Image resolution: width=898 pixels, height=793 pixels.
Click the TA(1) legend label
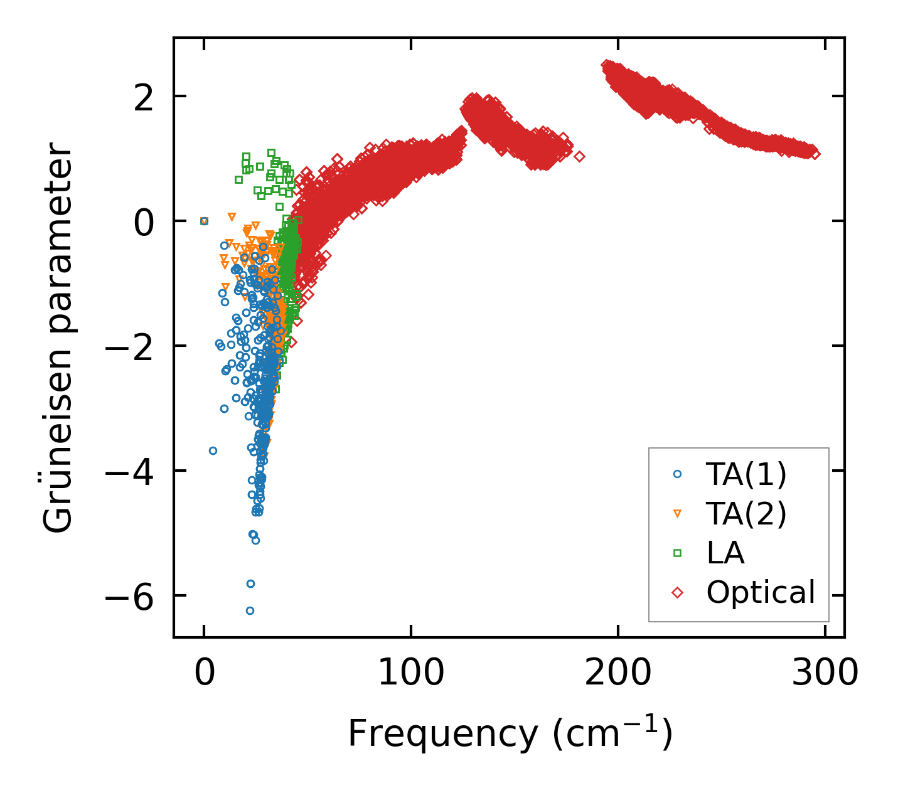point(746,475)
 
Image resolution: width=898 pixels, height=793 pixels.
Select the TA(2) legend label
point(746,514)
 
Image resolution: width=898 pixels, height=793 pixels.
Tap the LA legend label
point(725,553)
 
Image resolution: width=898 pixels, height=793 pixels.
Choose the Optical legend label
point(761,592)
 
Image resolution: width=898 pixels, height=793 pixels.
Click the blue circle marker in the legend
point(677,475)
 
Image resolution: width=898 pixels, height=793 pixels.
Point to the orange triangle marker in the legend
point(677,514)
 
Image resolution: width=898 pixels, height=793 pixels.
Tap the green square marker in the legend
point(677,553)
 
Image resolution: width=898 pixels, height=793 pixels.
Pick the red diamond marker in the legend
point(677,592)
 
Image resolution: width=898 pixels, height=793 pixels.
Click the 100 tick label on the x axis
point(411,673)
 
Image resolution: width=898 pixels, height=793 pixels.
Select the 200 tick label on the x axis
point(618,673)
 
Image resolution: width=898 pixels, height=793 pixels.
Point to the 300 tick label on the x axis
point(825,673)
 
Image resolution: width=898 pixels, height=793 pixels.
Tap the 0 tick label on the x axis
point(204,673)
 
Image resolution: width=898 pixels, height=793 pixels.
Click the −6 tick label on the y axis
point(129,596)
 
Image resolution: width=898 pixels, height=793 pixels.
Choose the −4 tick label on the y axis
point(129,471)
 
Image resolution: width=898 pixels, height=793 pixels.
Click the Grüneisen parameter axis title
point(58,338)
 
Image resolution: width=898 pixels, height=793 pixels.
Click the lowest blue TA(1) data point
point(250,610)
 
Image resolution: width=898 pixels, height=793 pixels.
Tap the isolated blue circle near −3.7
point(213,450)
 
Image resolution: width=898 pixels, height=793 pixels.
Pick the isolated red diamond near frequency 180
point(579,156)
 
